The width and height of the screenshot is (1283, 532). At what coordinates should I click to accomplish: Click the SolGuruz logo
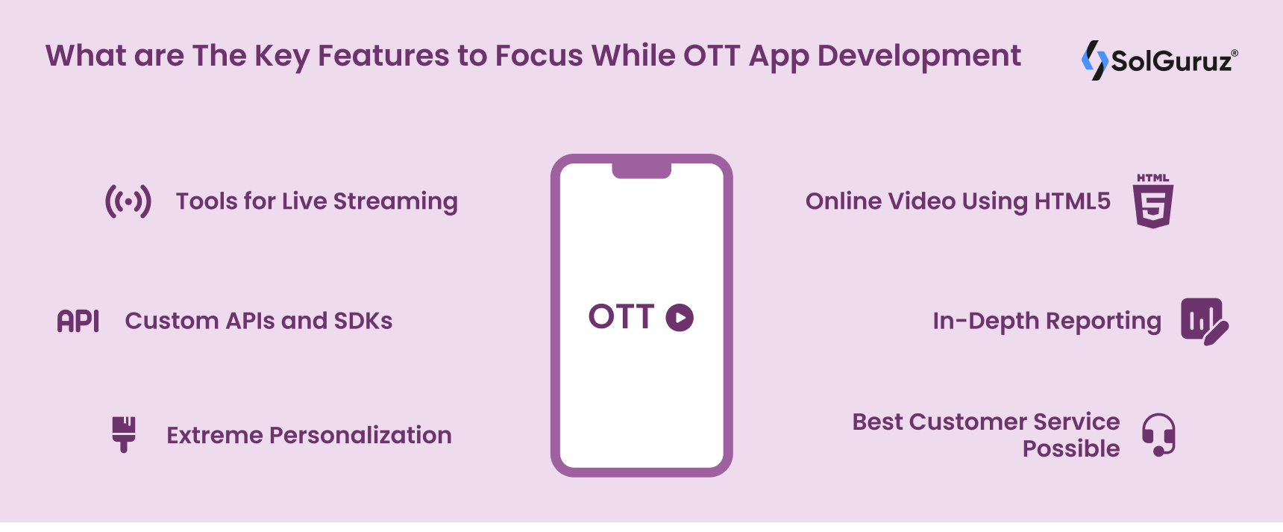pyautogui.click(x=1159, y=60)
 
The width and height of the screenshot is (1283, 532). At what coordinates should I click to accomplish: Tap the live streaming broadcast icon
pyautogui.click(x=128, y=201)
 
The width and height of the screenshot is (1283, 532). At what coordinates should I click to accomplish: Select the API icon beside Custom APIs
pyautogui.click(x=78, y=321)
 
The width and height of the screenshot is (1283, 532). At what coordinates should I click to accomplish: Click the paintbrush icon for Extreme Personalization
pyautogui.click(x=124, y=434)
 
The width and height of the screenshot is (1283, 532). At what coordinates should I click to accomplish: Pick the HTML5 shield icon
pyautogui.click(x=1153, y=201)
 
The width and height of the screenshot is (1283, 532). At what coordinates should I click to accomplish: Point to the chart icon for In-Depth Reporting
pyautogui.click(x=1204, y=321)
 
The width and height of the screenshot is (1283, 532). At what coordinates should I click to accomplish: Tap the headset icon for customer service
pyautogui.click(x=1158, y=434)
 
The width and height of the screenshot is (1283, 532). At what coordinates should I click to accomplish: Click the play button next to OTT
pyautogui.click(x=680, y=317)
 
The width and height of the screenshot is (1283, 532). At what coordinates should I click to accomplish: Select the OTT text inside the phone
pyautogui.click(x=621, y=317)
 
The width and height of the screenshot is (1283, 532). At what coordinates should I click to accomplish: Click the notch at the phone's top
pyautogui.click(x=641, y=171)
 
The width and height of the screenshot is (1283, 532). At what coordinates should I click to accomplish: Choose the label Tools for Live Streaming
pyautogui.click(x=317, y=202)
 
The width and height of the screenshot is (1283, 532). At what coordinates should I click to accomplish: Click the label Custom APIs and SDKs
pyautogui.click(x=259, y=321)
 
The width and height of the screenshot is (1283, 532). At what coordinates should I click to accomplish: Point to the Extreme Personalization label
pyautogui.click(x=309, y=435)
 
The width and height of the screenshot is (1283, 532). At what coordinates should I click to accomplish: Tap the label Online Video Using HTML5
pyautogui.click(x=958, y=201)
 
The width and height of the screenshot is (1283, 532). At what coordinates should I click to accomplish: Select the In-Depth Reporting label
pyautogui.click(x=1047, y=322)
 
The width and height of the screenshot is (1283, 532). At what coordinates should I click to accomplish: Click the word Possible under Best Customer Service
pyautogui.click(x=1071, y=448)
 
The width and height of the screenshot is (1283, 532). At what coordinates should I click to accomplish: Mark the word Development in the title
pyautogui.click(x=919, y=57)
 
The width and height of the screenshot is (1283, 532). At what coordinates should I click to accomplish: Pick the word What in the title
pyautogui.click(x=78, y=56)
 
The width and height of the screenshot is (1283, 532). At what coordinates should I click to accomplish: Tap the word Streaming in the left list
pyautogui.click(x=395, y=202)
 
